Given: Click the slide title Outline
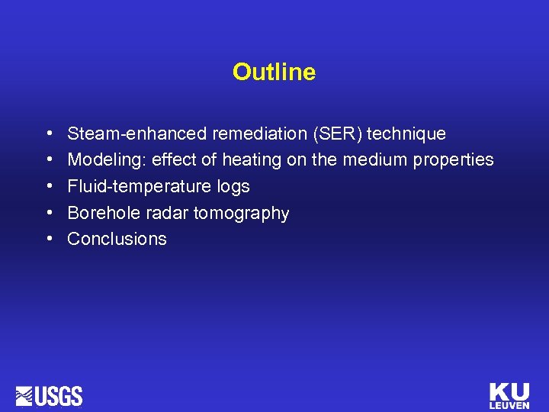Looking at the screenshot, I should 274,72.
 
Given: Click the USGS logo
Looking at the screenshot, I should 49,396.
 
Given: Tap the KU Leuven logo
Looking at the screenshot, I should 509,396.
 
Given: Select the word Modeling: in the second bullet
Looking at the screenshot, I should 107,160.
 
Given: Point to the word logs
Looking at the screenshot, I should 230,187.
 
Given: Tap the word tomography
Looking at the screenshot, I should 241,214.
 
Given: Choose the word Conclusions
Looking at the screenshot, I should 117,239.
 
